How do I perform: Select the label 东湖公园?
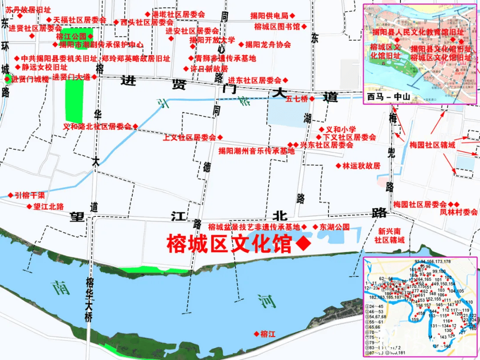click(334, 227)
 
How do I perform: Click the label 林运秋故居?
click(361, 166)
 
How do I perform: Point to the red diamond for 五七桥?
click(312, 99)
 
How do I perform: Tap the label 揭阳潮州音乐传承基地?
click(256, 151)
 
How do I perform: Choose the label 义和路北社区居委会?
click(97, 126)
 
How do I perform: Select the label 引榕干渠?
click(30, 195)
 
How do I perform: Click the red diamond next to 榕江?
click(256, 334)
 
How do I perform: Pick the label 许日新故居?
click(208, 69)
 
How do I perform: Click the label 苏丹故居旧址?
click(28, 9)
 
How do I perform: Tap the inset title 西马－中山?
click(388, 96)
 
